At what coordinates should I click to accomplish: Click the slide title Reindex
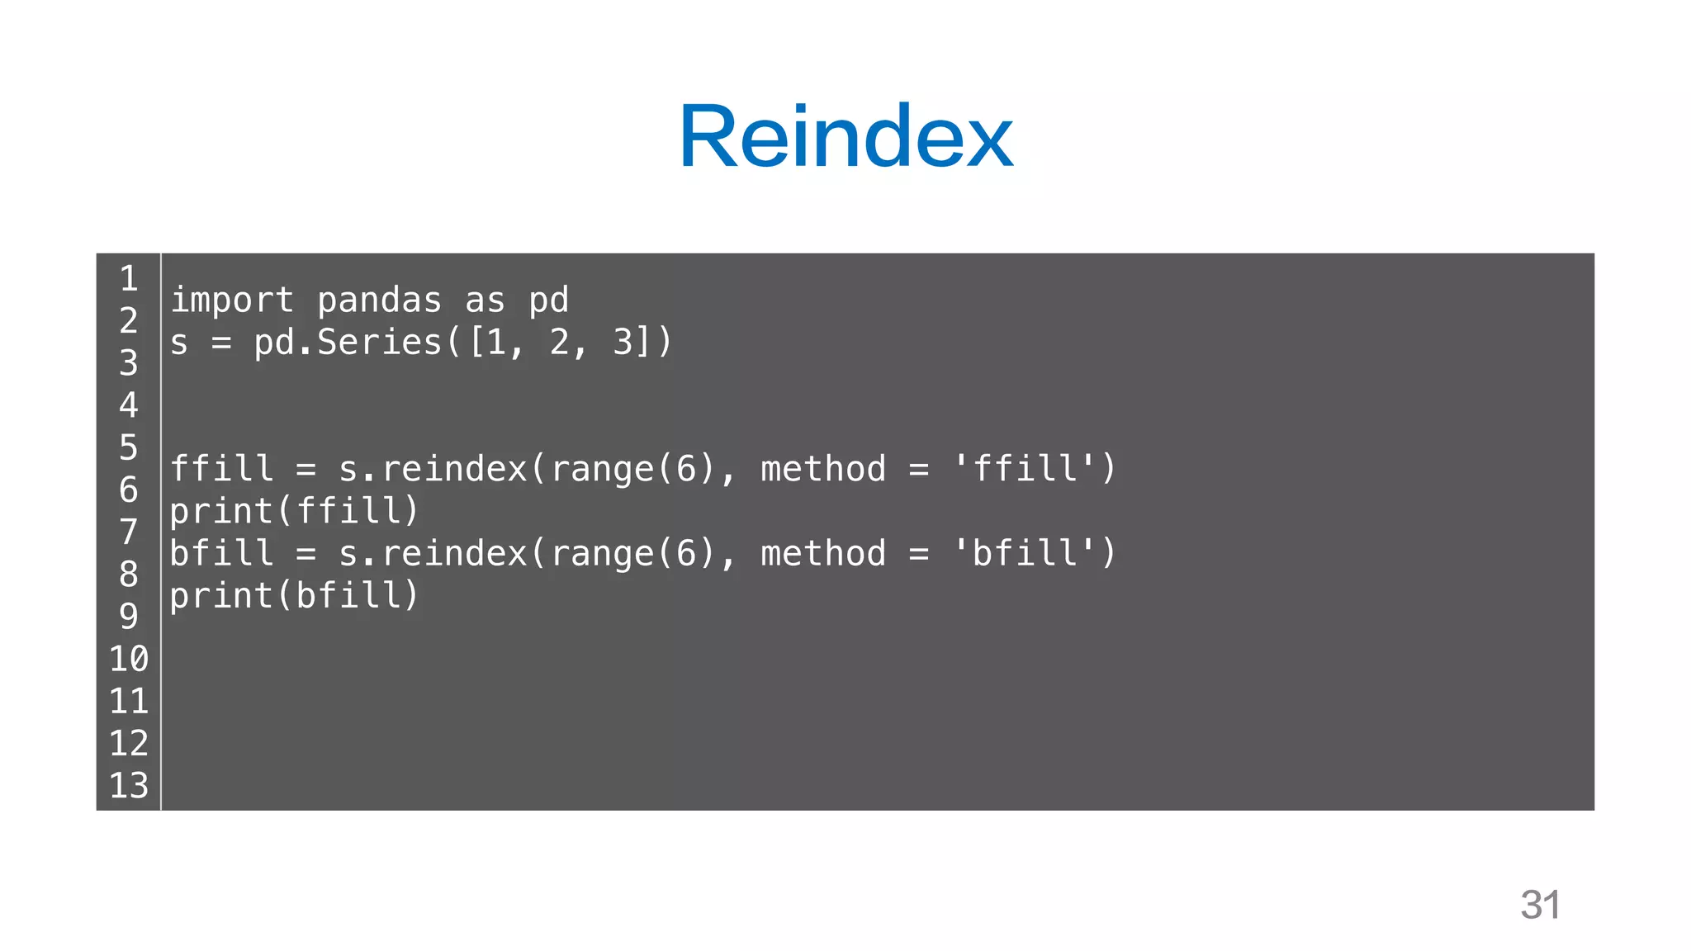point(845,135)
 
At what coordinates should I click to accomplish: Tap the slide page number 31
point(1540,905)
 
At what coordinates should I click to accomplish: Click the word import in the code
point(232,300)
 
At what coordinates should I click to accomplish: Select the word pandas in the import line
point(379,300)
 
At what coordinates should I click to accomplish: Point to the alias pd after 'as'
point(548,300)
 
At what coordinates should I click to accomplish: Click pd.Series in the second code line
point(348,343)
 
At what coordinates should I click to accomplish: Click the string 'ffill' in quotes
point(1025,469)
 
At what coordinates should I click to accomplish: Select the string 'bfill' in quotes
point(1025,553)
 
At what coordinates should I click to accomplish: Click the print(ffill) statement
point(295,511)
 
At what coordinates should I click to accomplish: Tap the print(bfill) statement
point(295,595)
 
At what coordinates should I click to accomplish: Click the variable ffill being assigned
point(221,469)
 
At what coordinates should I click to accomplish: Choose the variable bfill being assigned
point(221,553)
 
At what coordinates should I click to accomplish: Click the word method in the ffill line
point(822,469)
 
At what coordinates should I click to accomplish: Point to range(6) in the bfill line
point(632,553)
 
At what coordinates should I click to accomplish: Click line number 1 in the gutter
point(129,279)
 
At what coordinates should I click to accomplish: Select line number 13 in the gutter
point(129,785)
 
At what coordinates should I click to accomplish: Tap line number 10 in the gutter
point(129,659)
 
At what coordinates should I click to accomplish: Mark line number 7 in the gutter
point(129,532)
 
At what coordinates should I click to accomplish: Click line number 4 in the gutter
point(129,405)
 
